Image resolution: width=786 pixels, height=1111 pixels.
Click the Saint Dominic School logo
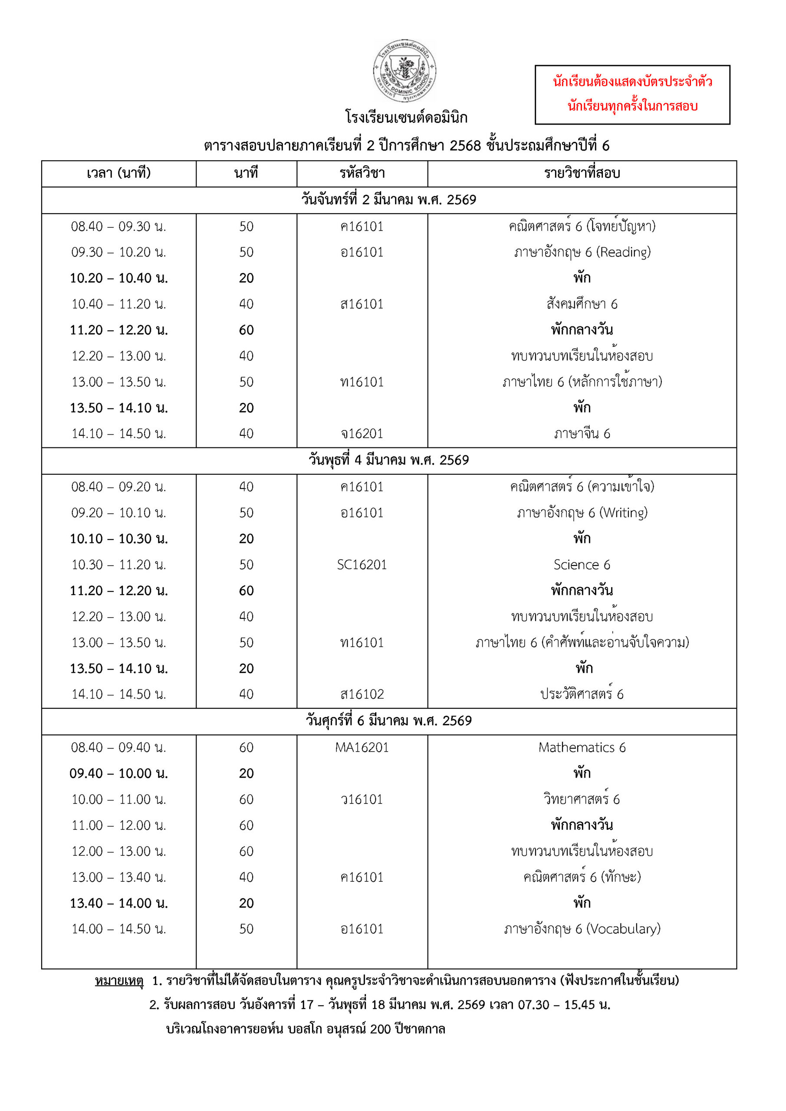point(404,71)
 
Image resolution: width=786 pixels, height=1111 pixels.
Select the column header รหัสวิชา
point(362,173)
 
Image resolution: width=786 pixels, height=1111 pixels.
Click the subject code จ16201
point(362,434)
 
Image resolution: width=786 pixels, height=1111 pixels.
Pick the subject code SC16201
point(362,565)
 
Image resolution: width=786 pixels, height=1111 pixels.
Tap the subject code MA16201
point(362,748)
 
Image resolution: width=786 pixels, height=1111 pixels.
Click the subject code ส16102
point(362,694)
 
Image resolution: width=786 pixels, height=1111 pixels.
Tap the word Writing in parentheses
point(623,513)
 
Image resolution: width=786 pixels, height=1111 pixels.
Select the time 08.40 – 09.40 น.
point(118,748)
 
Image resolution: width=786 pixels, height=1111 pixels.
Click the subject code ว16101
point(362,799)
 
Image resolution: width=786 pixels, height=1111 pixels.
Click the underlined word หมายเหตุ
point(119,981)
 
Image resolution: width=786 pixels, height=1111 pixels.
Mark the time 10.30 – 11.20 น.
point(118,565)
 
